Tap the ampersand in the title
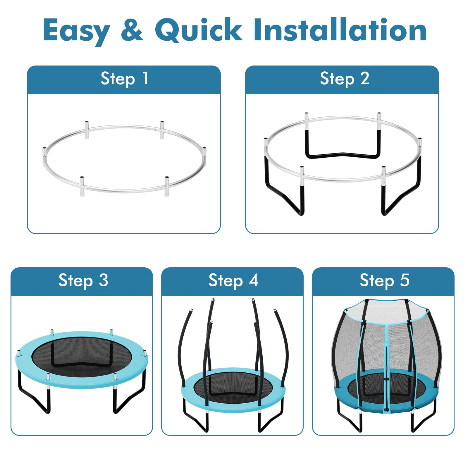pos(132,29)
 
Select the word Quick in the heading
pos(199,29)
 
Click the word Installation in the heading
pos(340,29)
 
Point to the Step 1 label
pos(125,79)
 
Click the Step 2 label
pos(345,79)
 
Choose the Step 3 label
pos(83,281)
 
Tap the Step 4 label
pos(233,281)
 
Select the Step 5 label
pos(384,281)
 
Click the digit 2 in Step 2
pos(364,78)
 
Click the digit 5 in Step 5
pos(405,280)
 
